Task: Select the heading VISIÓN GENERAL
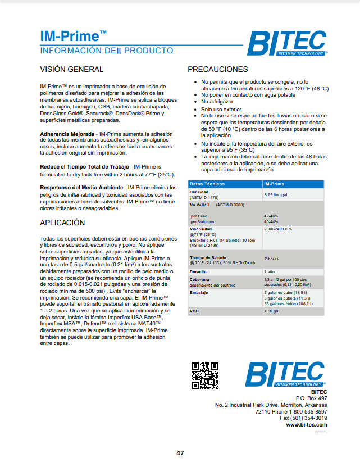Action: point(71,69)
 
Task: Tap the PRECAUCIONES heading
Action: point(217,69)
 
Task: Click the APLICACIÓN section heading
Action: point(62,223)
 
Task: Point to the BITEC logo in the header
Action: point(287,43)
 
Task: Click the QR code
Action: point(204,375)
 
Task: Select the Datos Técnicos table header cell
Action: point(207,184)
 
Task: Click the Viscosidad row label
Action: point(200,229)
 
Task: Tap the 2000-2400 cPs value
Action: point(277,229)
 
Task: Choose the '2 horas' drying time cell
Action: point(271,259)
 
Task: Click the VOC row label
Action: point(194,311)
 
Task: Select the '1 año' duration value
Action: point(270,271)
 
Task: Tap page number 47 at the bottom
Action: point(180,453)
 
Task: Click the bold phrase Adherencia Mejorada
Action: point(67,134)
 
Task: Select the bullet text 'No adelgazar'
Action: point(217,102)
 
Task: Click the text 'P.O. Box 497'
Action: point(311,398)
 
